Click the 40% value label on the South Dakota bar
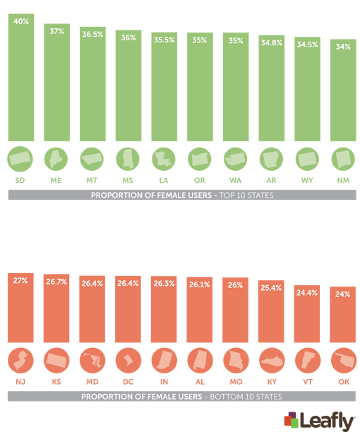click(x=21, y=21)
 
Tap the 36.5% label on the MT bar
click(x=92, y=35)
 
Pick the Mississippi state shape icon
click(x=128, y=159)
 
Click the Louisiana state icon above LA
click(x=164, y=159)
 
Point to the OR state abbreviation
click(x=200, y=181)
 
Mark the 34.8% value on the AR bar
click(x=272, y=43)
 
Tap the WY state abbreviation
click(x=308, y=181)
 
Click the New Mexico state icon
click(x=343, y=159)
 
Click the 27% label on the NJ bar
click(x=21, y=280)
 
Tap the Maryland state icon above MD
click(x=92, y=360)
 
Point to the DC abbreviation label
click(x=128, y=382)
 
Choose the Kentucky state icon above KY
click(x=272, y=360)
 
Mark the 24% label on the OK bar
click(x=343, y=294)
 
